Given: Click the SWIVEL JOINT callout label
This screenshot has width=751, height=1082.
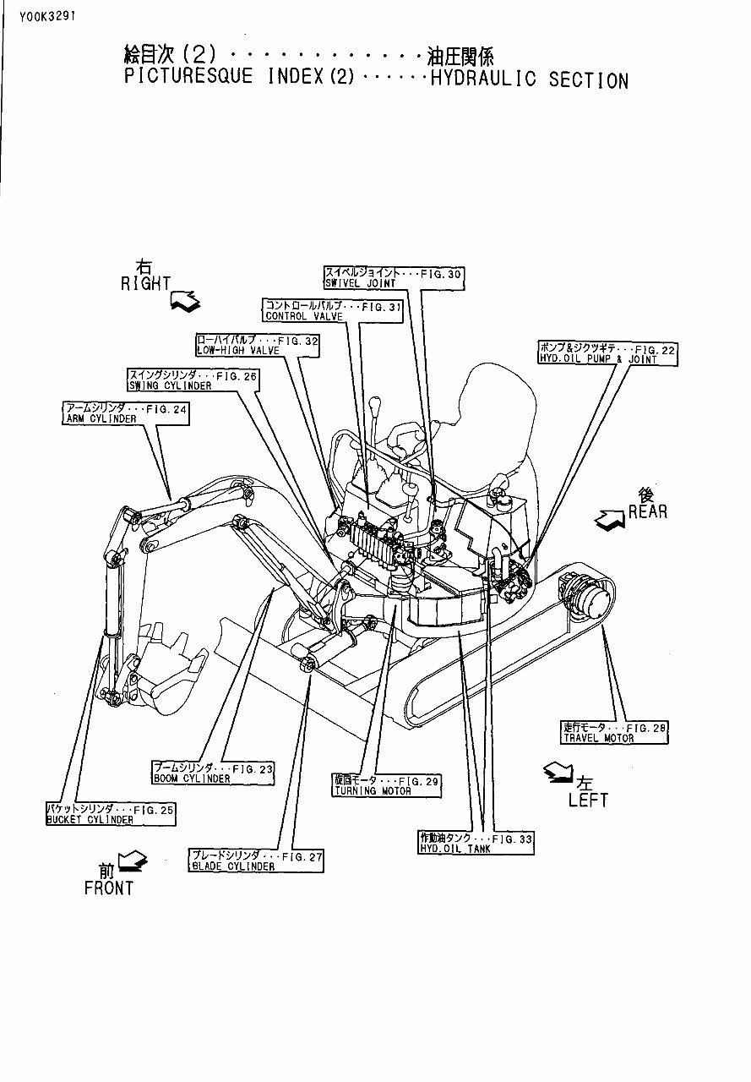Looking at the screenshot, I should (394, 278).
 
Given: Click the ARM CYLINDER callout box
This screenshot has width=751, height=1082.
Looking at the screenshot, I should (125, 413).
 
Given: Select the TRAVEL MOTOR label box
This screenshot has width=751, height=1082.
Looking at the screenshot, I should (615, 732).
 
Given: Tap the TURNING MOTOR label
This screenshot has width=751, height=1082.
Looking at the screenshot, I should (386, 785).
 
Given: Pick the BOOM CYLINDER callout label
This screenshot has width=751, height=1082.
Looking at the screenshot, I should (212, 773).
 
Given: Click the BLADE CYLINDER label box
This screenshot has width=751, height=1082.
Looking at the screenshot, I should (256, 861).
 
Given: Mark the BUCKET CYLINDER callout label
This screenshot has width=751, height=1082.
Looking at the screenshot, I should (110, 814).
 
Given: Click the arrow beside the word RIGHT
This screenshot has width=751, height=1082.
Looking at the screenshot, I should (185, 300).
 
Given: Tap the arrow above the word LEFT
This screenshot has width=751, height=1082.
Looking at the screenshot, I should (558, 770).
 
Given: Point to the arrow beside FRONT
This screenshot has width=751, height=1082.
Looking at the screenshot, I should (133, 861).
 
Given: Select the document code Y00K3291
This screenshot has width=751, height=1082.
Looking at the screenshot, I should (41, 15).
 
